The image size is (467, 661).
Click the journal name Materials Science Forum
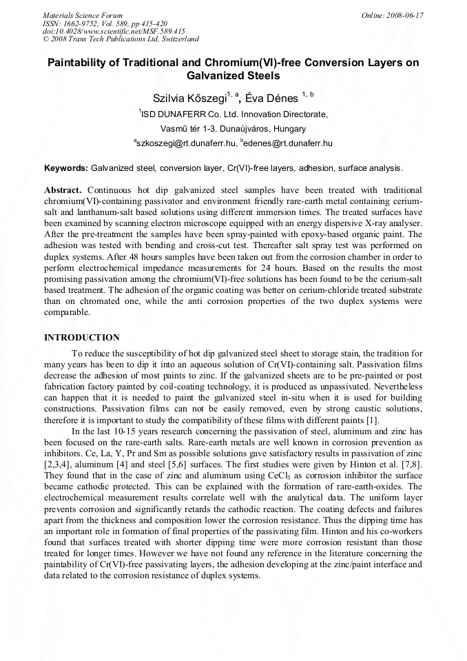pos(83,15)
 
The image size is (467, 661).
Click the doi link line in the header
pos(114,31)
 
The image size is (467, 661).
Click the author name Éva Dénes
pos(272,99)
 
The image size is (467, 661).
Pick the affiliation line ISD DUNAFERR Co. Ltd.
pos(233,114)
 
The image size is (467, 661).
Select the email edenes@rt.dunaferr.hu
pos(288,143)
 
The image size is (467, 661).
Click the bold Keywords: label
pos(66,168)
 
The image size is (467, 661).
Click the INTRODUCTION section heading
pos(82,337)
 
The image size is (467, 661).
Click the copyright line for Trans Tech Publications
pos(121,39)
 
